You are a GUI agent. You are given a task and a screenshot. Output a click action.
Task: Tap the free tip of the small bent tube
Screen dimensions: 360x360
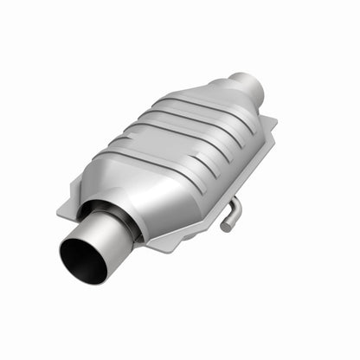coord(223,228)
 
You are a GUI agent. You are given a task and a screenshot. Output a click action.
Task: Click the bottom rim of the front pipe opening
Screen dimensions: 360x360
coord(87,279)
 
